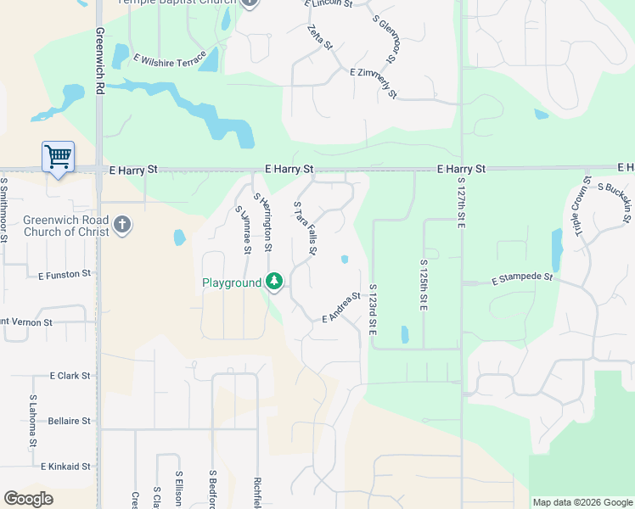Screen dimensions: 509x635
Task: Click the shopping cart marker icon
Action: (58, 156)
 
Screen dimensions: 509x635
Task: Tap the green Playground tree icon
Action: (274, 281)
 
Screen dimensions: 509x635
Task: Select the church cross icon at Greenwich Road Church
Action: (122, 225)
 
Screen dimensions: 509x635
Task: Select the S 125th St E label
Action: (422, 287)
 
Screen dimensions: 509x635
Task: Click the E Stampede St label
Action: (522, 277)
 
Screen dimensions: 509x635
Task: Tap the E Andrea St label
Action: (342, 307)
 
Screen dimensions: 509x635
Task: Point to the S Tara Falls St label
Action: (305, 229)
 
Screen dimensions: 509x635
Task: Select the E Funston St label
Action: (65, 274)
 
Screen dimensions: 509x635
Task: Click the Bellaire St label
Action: (69, 421)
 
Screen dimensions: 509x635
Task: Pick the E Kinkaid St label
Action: (65, 467)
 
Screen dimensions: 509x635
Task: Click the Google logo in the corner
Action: (28, 499)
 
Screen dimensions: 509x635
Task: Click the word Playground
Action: (231, 282)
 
